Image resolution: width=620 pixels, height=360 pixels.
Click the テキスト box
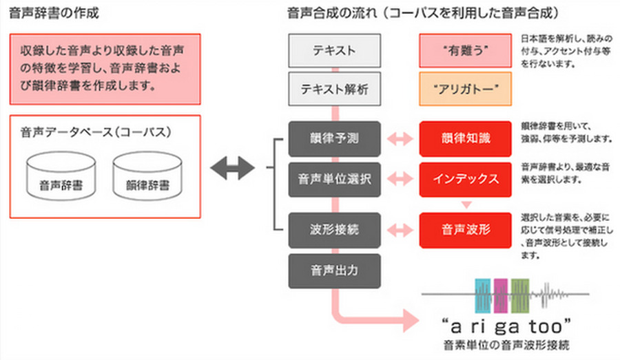pyautogui.click(x=334, y=51)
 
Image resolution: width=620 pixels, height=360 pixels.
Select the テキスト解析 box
pyautogui.click(x=334, y=89)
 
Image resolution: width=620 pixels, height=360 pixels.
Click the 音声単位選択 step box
pyautogui.click(x=334, y=180)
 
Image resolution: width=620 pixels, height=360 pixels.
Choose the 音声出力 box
pyautogui.click(x=334, y=271)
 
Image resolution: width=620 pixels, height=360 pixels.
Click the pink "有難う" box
pyautogui.click(x=465, y=51)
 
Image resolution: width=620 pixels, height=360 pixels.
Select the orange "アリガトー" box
pyautogui.click(x=465, y=89)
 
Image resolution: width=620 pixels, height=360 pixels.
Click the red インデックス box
pyautogui.click(x=465, y=180)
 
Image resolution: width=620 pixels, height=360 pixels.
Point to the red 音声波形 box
pyautogui.click(x=465, y=229)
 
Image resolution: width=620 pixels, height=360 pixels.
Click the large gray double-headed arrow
pyautogui.click(x=232, y=168)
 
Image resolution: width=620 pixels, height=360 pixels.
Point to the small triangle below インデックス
pyautogui.click(x=466, y=204)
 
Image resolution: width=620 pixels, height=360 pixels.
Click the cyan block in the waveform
pyautogui.click(x=484, y=296)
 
